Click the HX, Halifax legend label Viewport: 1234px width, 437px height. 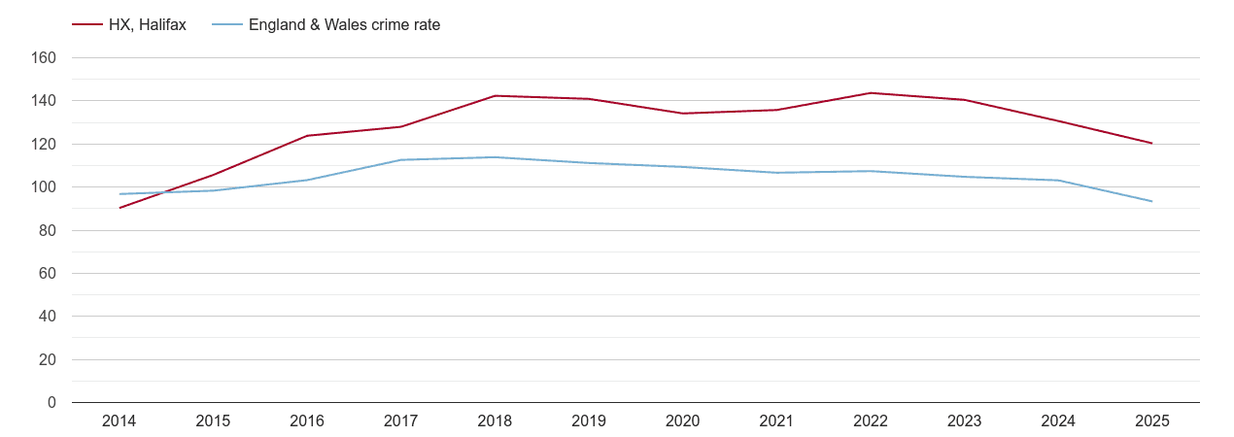point(147,25)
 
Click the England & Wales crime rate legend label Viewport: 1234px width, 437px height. point(344,25)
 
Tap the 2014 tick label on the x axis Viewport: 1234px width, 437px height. point(119,421)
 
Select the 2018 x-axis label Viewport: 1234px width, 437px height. point(495,421)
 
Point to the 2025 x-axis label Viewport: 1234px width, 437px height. point(1152,421)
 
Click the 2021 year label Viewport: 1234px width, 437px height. point(776,421)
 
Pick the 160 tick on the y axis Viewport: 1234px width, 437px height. point(46,58)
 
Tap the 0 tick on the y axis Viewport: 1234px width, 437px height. point(51,403)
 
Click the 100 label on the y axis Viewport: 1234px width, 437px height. point(46,187)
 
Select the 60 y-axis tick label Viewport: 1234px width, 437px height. point(49,274)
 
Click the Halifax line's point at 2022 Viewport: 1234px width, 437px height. point(871,93)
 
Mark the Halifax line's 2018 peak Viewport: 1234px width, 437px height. point(495,96)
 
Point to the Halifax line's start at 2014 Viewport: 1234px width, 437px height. point(120,208)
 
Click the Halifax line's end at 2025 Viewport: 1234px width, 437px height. point(1152,144)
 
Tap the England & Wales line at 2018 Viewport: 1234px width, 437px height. point(495,157)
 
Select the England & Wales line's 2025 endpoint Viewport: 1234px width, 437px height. point(1152,201)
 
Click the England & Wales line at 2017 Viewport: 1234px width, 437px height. point(400,160)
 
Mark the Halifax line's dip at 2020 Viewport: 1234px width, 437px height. point(682,114)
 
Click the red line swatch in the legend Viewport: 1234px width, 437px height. point(87,25)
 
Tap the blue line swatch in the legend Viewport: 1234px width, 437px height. point(227,25)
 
